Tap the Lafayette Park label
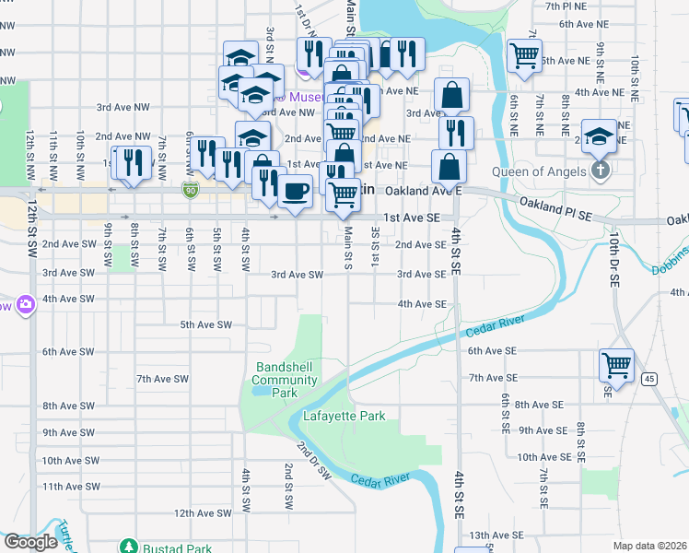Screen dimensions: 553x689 (x=344, y=417)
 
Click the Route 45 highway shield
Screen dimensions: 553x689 (x=649, y=378)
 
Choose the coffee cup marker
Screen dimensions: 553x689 (x=295, y=192)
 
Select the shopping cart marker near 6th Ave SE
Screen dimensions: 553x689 (x=615, y=364)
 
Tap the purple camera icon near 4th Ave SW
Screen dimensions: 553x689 (x=24, y=303)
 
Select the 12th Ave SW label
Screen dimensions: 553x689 (x=201, y=513)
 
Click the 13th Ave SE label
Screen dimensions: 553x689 (x=496, y=535)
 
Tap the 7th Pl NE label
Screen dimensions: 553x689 (x=592, y=6)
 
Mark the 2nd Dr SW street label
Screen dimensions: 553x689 (x=313, y=460)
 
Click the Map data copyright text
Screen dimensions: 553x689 (x=650, y=546)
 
